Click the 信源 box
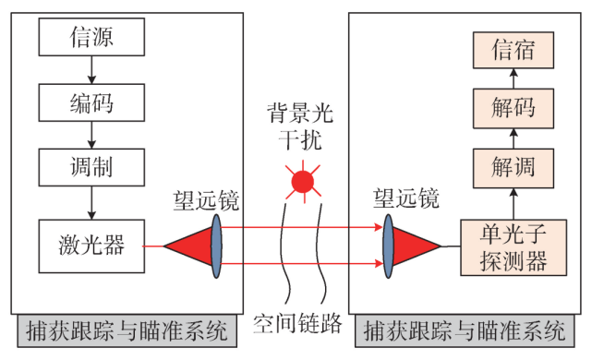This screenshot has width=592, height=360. [91, 37]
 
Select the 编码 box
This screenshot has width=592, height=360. [91, 102]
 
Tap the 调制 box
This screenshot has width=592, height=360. [91, 167]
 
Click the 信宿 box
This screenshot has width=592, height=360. [513, 49]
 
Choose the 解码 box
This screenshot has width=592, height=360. [513, 109]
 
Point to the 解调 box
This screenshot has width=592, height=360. [513, 169]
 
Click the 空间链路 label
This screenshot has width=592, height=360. [297, 324]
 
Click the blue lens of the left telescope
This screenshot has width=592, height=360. [216, 246]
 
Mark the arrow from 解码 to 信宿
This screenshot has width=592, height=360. [513, 78]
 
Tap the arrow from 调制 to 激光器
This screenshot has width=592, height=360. [91, 204]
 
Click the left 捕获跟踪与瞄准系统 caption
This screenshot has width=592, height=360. [123, 329]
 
